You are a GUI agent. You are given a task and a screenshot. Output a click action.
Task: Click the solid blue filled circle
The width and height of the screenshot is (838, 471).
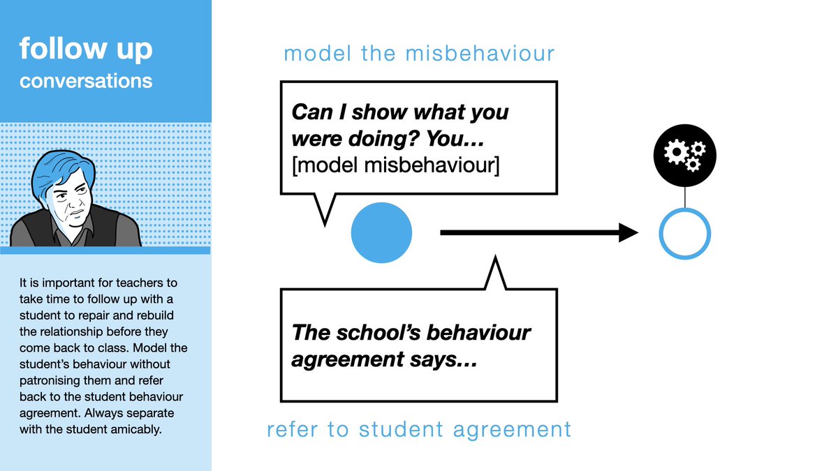tap(381, 233)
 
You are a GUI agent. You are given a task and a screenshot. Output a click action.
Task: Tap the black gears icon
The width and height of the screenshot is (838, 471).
tap(684, 153)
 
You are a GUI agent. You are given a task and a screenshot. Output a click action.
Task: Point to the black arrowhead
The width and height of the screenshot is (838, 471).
tap(628, 233)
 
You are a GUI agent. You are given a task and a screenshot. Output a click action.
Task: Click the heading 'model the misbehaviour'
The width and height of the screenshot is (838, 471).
tap(419, 54)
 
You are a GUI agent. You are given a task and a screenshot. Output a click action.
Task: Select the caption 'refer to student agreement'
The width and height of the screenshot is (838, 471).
tap(419, 429)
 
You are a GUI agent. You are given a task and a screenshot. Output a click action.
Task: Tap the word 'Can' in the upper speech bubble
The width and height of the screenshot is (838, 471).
tap(309, 112)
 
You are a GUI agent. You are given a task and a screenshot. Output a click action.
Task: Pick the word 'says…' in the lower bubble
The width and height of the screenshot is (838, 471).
tap(447, 361)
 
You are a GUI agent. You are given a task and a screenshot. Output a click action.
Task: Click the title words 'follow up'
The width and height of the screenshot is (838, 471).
tap(86, 50)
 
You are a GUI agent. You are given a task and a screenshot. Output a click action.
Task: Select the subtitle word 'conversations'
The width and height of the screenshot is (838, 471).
tap(86, 81)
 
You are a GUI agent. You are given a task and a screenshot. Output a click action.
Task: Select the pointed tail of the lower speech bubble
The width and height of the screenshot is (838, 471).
tap(495, 269)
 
